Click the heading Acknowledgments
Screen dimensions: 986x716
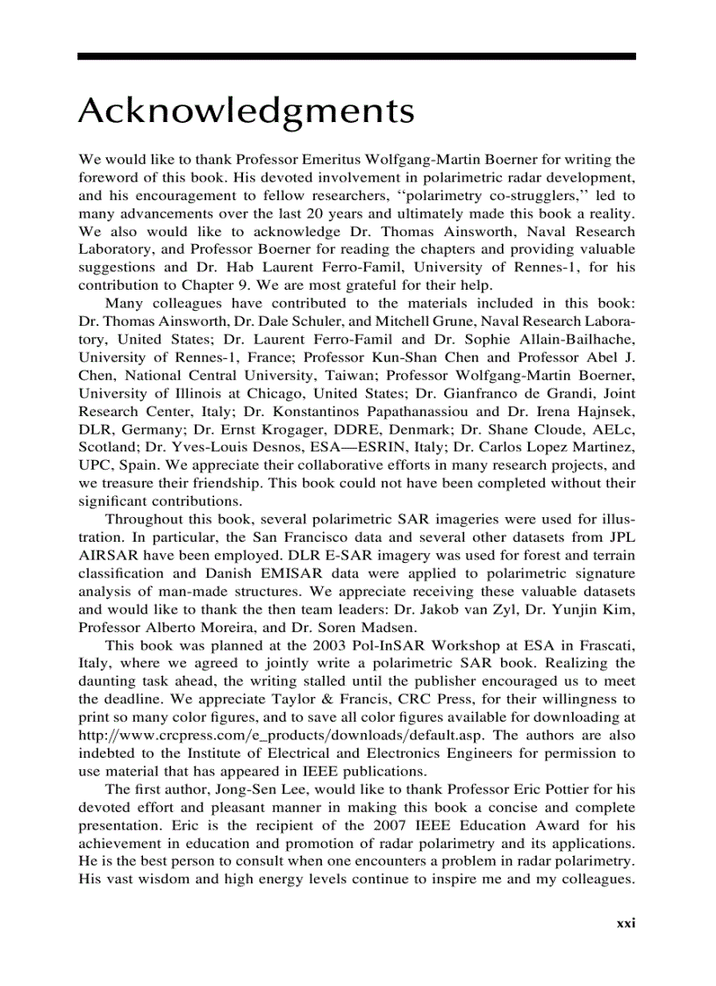click(x=246, y=112)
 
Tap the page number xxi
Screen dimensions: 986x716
click(x=625, y=923)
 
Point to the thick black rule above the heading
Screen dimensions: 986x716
click(x=356, y=56)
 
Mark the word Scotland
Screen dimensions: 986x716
click(x=105, y=448)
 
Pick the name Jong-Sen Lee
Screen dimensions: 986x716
click(x=241, y=788)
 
